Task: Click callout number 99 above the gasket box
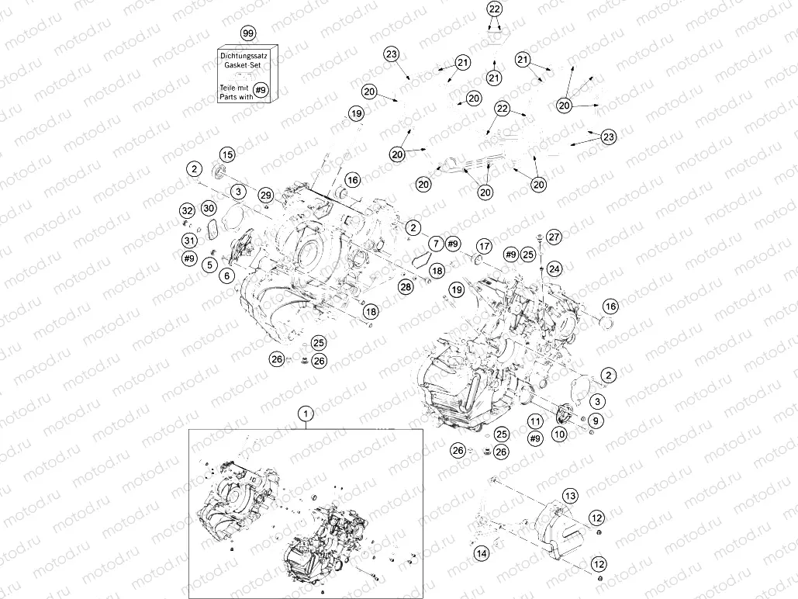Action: [x=247, y=34]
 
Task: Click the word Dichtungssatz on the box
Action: [x=247, y=56]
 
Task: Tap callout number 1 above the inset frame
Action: [x=306, y=414]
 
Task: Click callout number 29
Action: [x=266, y=194]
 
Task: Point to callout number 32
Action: [x=187, y=210]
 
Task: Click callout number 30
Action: [x=208, y=208]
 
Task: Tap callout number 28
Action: [x=406, y=288]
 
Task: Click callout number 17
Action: [x=483, y=247]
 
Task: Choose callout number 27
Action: [x=553, y=235]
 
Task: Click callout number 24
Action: [x=554, y=268]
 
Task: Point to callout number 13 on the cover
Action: [x=570, y=495]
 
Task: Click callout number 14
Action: [x=482, y=553]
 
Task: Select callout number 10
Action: [x=559, y=435]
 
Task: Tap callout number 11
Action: [x=534, y=421]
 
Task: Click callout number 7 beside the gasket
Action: [x=435, y=244]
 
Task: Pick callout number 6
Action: [x=226, y=275]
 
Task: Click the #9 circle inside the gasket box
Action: [x=261, y=91]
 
